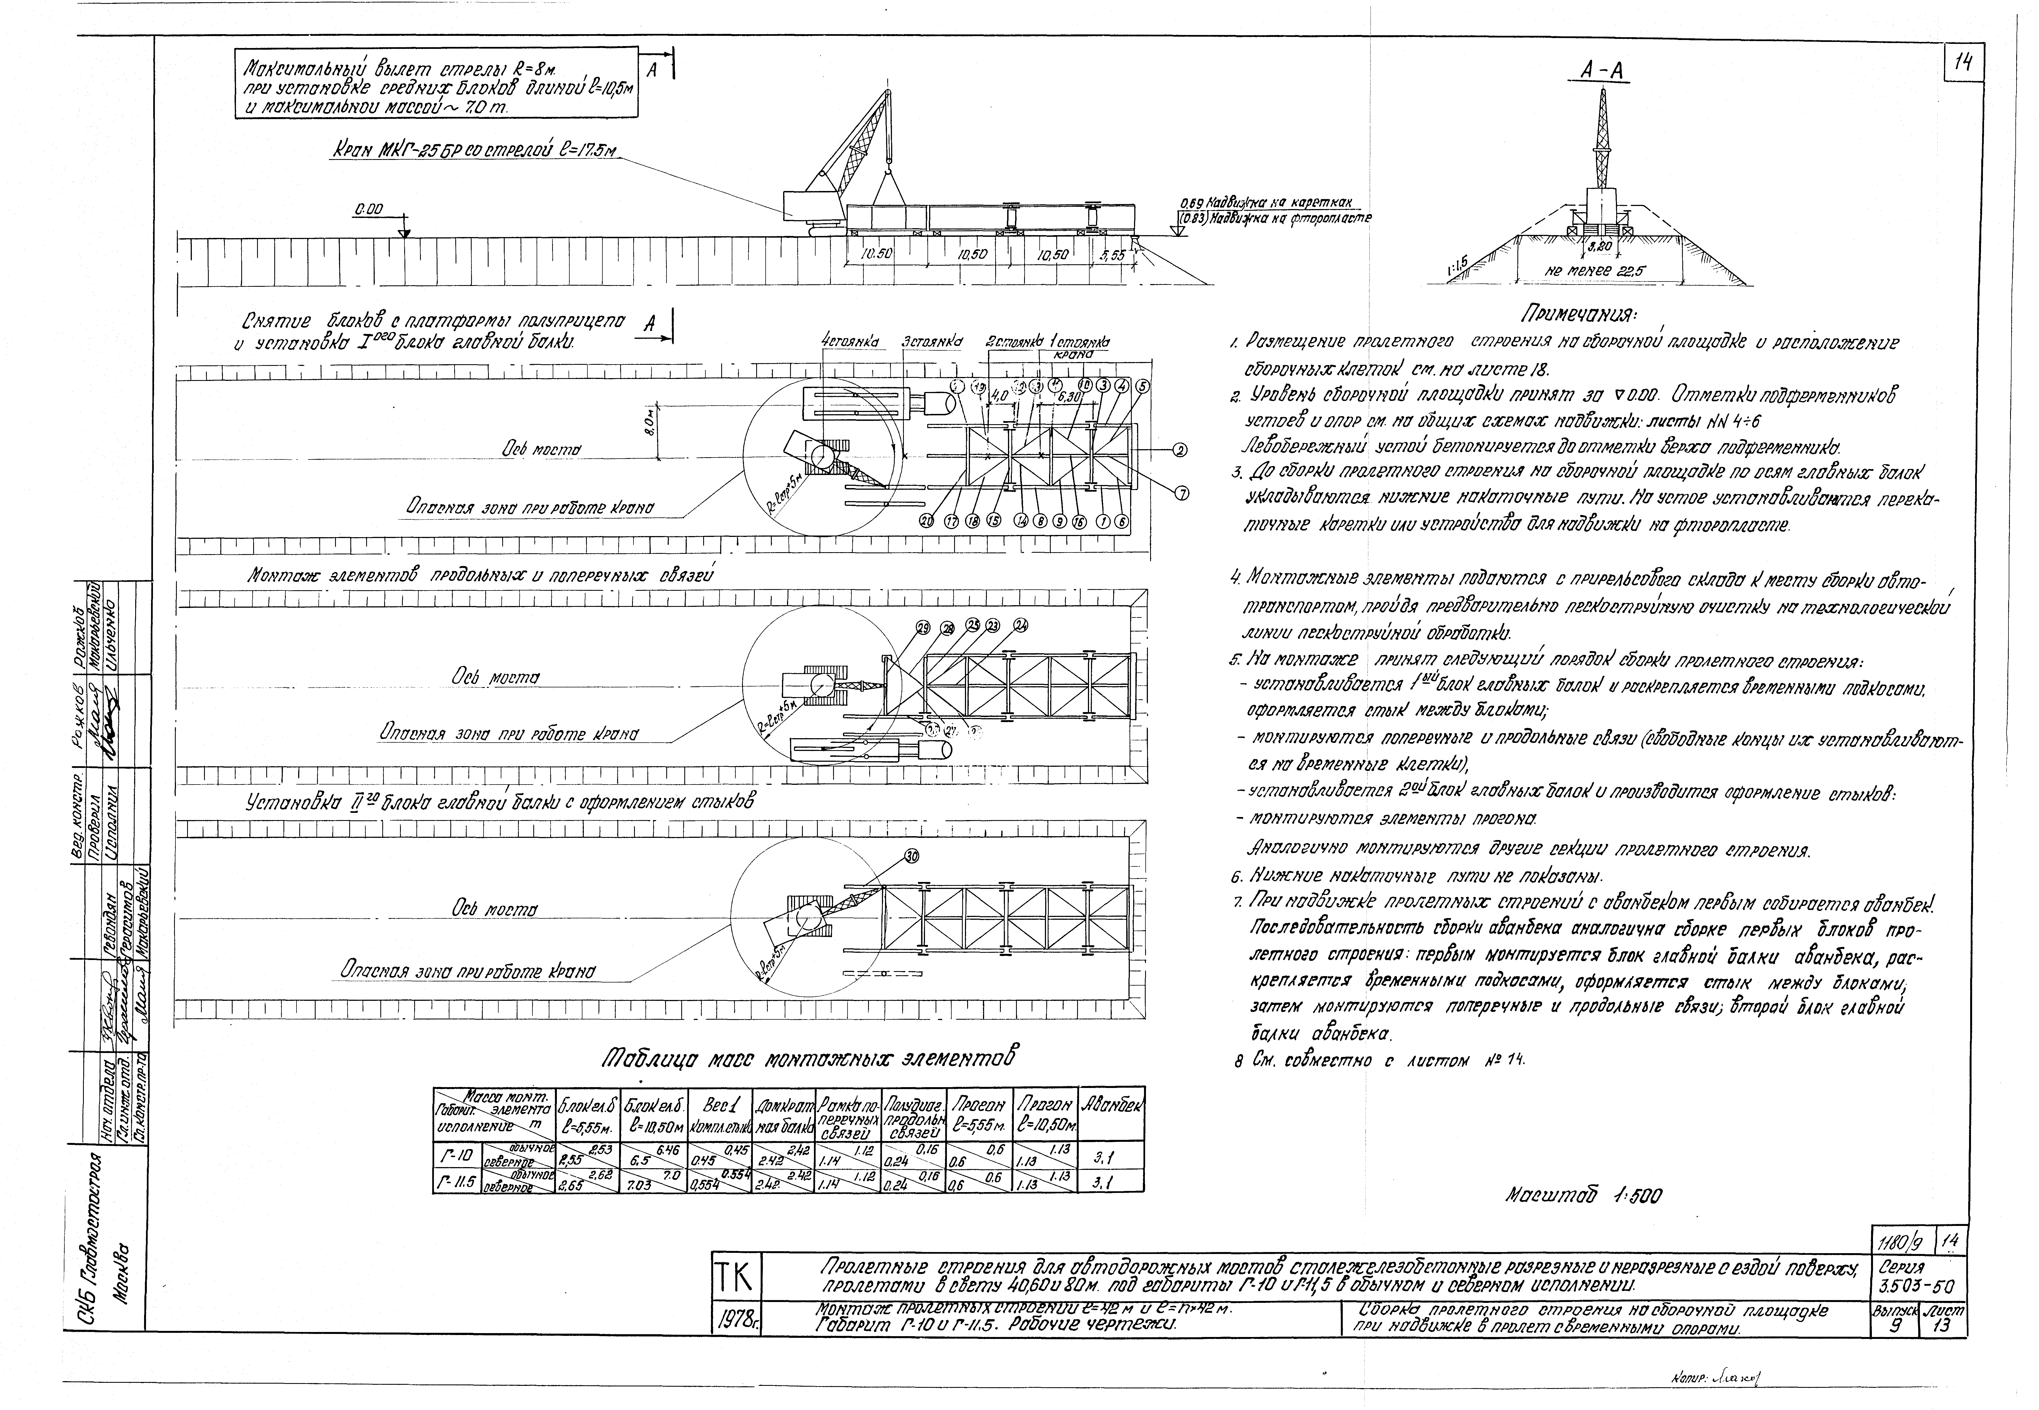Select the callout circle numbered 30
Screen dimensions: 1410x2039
[912, 856]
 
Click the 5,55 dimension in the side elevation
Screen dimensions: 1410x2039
[1112, 253]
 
